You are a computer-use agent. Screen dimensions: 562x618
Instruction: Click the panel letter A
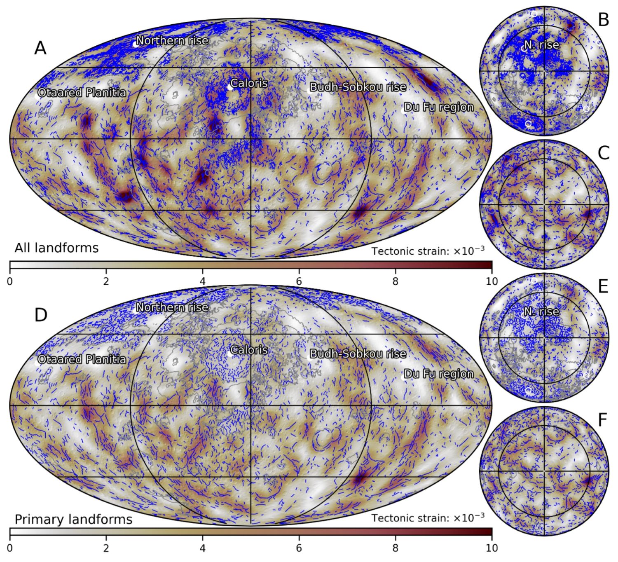[40, 48]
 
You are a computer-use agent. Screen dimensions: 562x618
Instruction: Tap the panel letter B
[603, 20]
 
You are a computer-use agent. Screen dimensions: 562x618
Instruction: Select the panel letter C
[603, 153]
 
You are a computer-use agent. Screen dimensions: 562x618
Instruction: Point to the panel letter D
[41, 315]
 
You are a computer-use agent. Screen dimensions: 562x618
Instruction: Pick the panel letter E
[603, 286]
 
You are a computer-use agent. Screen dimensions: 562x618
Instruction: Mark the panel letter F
[603, 420]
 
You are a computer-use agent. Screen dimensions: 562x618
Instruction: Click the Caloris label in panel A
[249, 83]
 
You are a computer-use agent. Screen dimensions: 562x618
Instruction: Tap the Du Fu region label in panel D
[438, 374]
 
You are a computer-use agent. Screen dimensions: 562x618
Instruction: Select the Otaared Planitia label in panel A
[82, 93]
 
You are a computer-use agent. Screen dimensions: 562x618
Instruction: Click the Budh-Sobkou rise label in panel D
[358, 354]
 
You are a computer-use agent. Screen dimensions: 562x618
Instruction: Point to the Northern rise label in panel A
[172, 41]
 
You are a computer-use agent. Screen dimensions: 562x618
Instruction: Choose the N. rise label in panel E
[541, 312]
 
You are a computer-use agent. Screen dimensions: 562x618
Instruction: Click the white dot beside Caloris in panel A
[230, 87]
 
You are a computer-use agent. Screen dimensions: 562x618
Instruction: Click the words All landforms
[56, 248]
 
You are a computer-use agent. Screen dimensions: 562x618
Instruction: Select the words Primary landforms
[73, 520]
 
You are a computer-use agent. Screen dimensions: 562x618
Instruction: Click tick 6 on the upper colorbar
[299, 282]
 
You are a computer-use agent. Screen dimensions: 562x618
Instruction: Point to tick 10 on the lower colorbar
[492, 548]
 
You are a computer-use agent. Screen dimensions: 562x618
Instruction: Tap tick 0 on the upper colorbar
[10, 282]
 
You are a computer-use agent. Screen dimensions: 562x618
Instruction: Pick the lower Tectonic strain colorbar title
[428, 518]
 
